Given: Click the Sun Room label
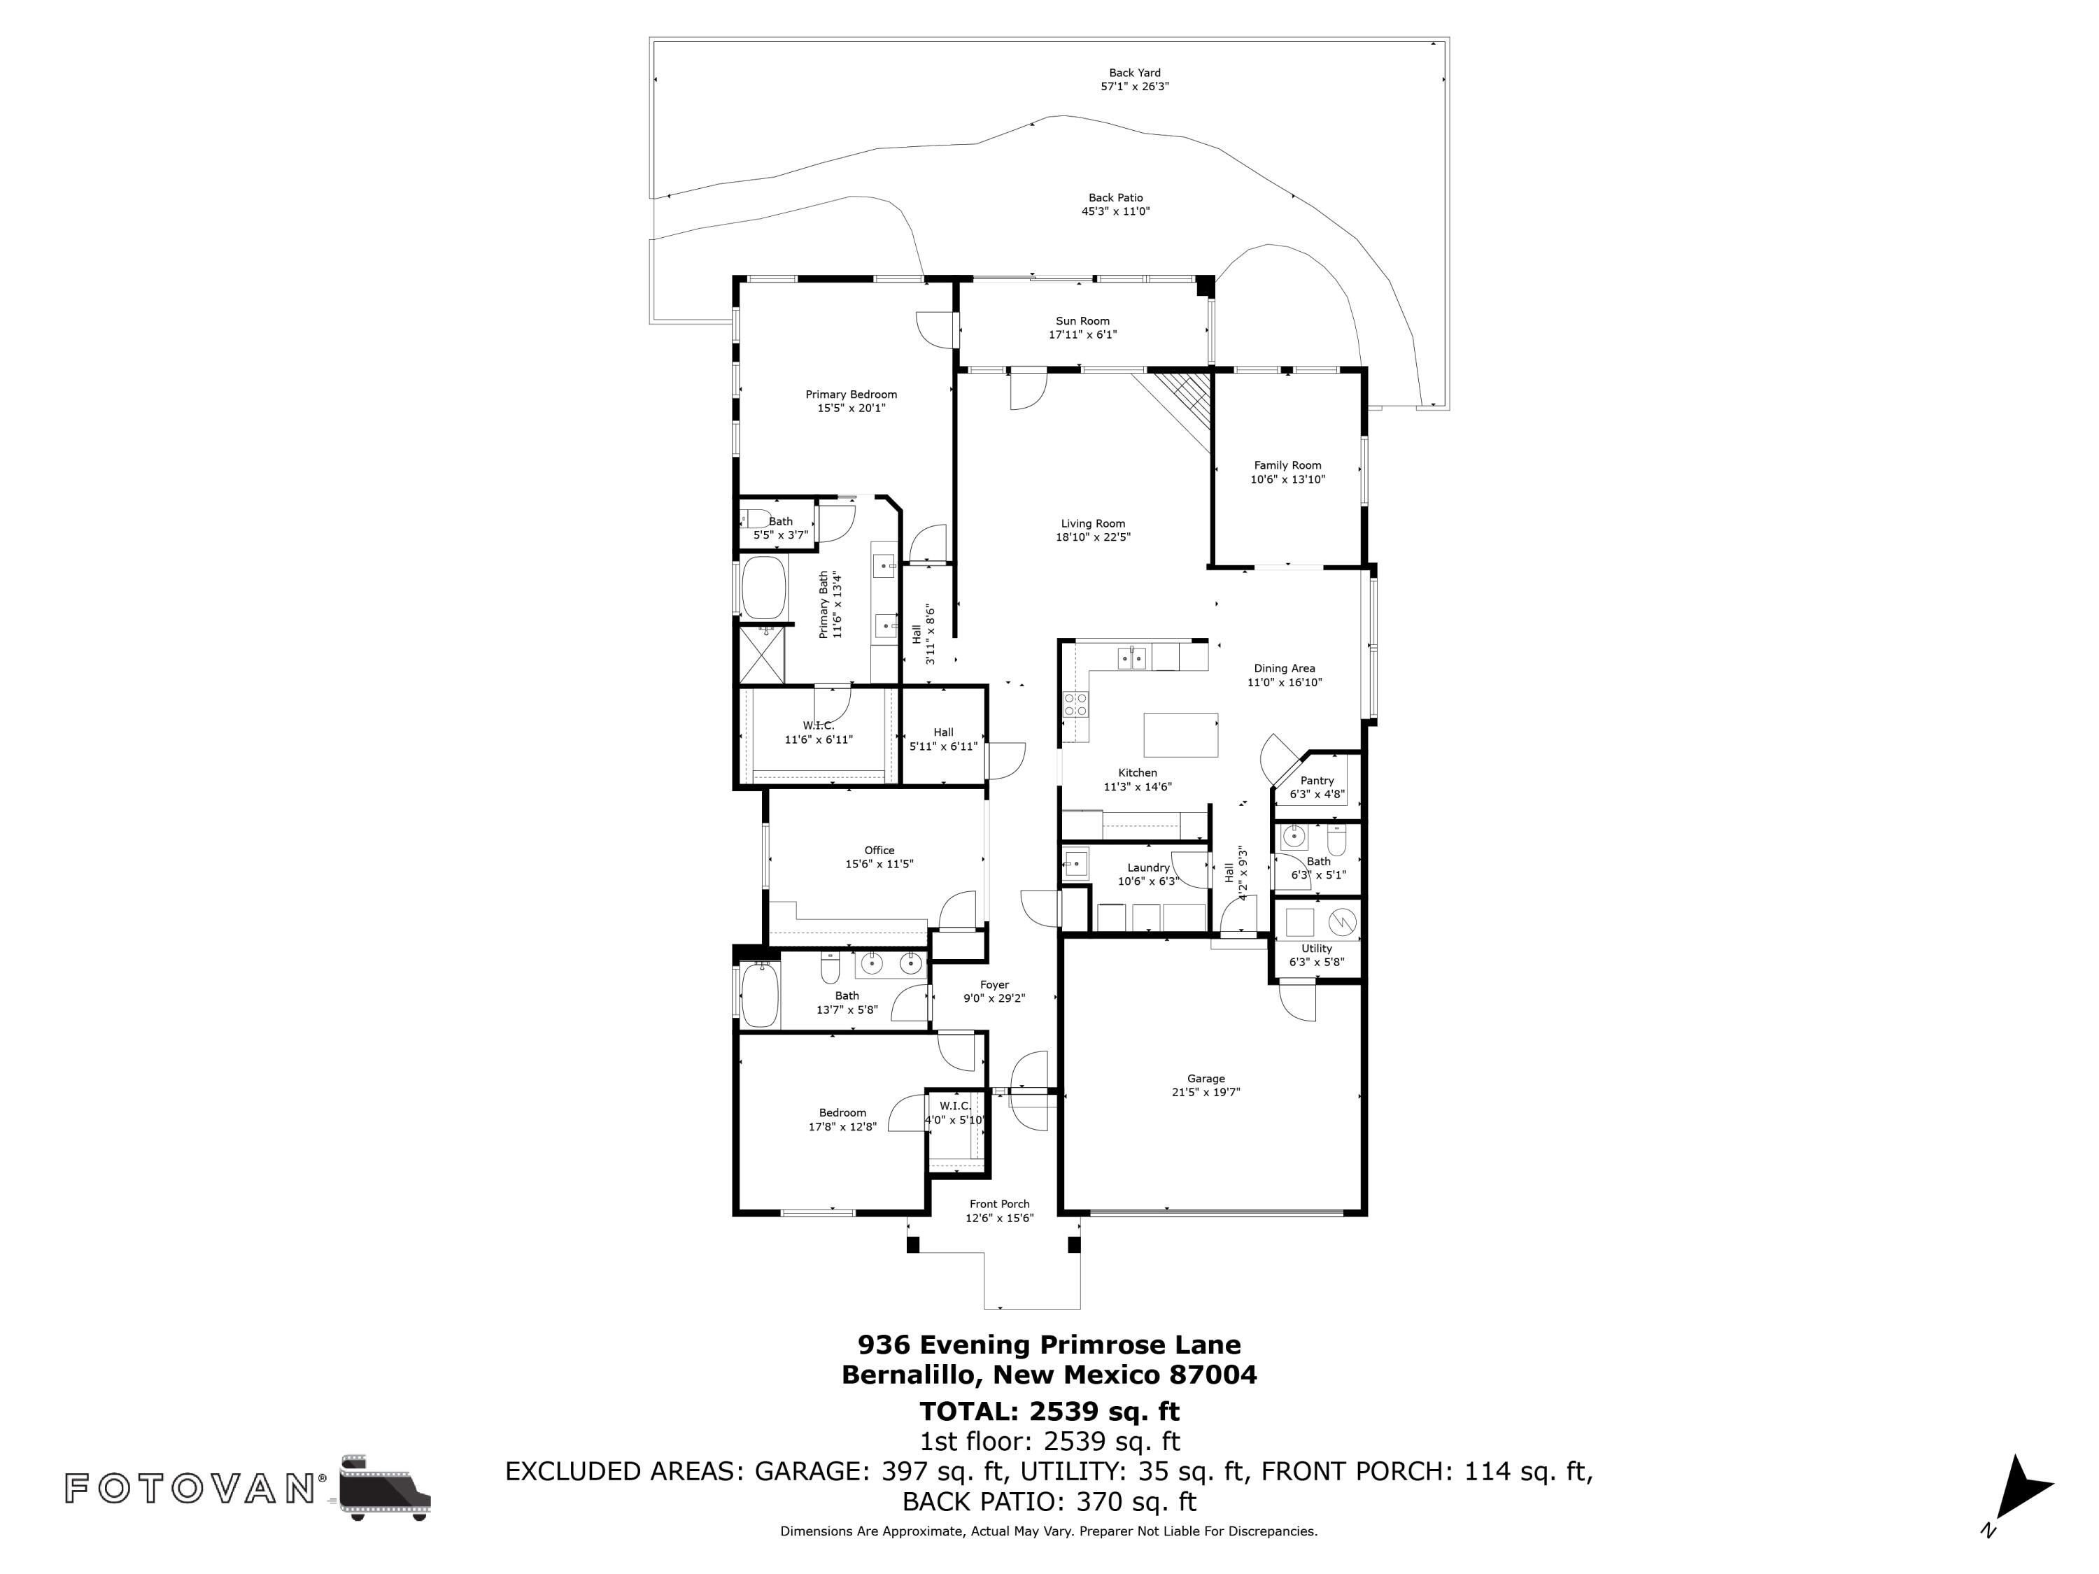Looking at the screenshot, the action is tap(1082, 320).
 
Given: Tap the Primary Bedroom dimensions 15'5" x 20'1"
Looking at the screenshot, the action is tap(851, 408).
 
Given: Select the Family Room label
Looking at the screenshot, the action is tap(1287, 465).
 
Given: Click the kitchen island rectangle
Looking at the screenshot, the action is tap(1180, 735).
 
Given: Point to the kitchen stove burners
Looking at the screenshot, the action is tap(1076, 704).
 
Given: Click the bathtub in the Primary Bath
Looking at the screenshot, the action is tap(764, 588).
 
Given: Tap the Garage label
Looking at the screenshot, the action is tap(1206, 1079).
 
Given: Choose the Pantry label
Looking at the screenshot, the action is tap(1317, 781).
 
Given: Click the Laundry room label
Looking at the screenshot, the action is tap(1148, 867).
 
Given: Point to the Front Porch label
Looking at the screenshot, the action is tap(999, 1204).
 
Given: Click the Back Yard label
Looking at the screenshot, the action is tap(1135, 72).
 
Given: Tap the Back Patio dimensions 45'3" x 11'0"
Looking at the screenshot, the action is tap(1116, 211).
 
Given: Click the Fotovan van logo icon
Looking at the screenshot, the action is tap(384, 1487).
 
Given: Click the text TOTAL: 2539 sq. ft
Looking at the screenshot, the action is tap(1049, 1411).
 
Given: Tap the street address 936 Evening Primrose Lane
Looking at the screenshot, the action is tap(1049, 1345).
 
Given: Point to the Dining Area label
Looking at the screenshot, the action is tap(1284, 668).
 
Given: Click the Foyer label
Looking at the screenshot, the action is tap(994, 985).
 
